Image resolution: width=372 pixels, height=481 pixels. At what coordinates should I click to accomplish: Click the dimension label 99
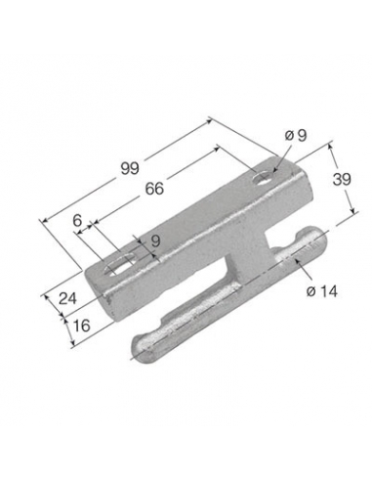point(130,168)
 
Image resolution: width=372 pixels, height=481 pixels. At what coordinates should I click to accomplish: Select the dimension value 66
point(154,189)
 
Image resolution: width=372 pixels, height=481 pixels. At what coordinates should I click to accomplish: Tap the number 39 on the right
point(342,179)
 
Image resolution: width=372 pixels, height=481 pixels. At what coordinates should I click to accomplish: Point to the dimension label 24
point(67,298)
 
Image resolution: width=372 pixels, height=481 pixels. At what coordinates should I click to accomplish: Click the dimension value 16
point(81,325)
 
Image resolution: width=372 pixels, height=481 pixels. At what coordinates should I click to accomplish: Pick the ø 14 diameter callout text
point(321,291)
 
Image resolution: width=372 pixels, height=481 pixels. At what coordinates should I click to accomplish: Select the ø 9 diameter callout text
point(296,135)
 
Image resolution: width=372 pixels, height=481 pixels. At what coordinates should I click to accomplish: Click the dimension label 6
point(77,221)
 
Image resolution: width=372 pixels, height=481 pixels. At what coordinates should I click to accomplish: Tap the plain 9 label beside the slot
point(156,240)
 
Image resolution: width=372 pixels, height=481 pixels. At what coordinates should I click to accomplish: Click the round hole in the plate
point(263,179)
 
